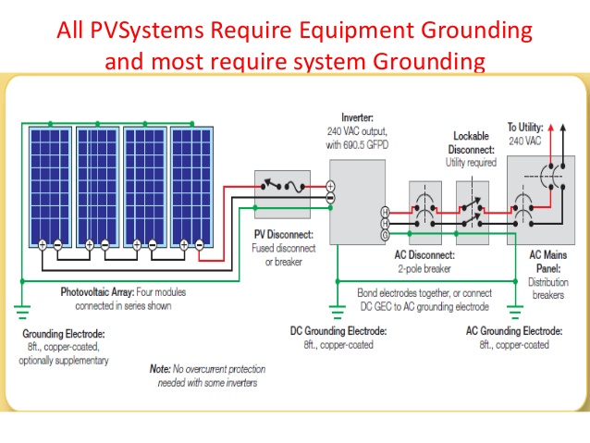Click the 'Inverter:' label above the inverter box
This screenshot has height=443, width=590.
[x=358, y=118]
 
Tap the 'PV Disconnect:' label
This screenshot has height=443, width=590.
[x=284, y=235]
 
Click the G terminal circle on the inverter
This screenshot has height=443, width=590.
[x=385, y=235]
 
